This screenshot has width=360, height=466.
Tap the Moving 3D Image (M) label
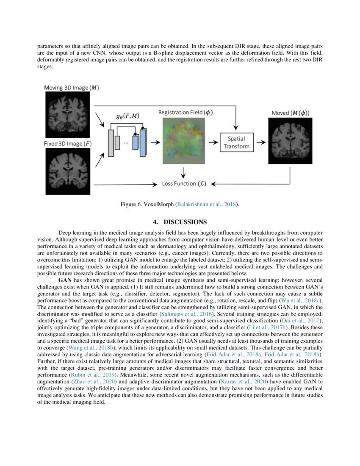tap(72, 88)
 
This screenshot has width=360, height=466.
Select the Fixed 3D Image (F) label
tap(68, 144)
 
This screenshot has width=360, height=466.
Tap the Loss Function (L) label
tap(184, 184)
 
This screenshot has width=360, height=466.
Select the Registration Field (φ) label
tap(186, 112)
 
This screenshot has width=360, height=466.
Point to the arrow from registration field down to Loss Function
tap(183, 172)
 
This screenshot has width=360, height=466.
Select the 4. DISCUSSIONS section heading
tap(180, 222)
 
